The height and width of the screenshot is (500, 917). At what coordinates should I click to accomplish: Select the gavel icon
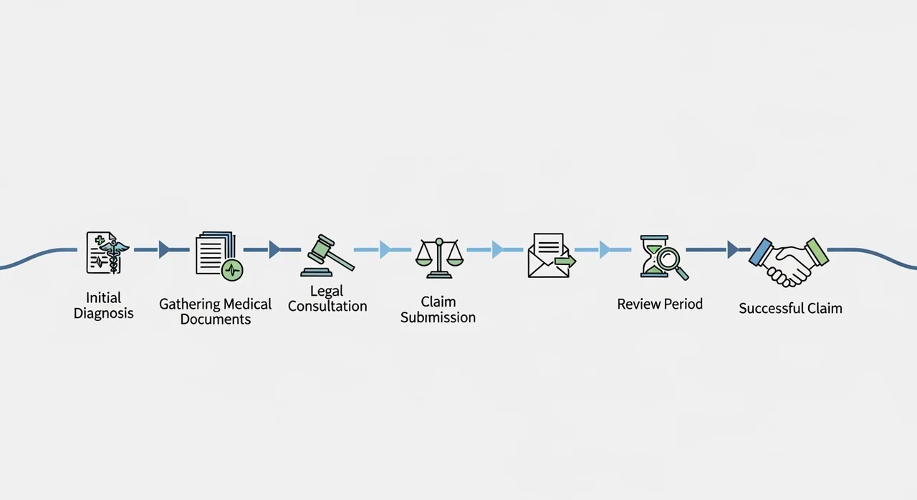click(328, 255)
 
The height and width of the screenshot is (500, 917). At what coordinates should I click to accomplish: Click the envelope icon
click(550, 256)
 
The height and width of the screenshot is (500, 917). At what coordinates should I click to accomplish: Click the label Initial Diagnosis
click(104, 305)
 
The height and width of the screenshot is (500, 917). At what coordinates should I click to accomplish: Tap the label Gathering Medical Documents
click(216, 312)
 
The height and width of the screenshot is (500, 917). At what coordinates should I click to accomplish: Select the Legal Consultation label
click(327, 299)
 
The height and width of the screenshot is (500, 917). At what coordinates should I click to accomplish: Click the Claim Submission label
click(438, 309)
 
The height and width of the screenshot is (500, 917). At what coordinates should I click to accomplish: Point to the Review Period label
click(660, 304)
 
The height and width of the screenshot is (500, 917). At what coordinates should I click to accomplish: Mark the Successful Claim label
click(790, 309)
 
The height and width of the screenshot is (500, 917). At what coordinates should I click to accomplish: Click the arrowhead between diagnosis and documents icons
click(164, 249)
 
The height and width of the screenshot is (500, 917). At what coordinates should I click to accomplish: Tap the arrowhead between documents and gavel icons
click(274, 249)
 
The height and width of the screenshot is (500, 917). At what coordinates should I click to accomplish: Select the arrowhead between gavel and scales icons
click(385, 249)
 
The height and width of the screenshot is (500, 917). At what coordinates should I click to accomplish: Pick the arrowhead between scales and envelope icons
click(496, 249)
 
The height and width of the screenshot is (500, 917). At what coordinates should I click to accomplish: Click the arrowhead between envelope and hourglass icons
click(605, 249)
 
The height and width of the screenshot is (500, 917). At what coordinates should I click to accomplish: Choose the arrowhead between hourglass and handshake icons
click(732, 249)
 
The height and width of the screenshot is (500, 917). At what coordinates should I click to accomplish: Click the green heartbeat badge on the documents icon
click(233, 270)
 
